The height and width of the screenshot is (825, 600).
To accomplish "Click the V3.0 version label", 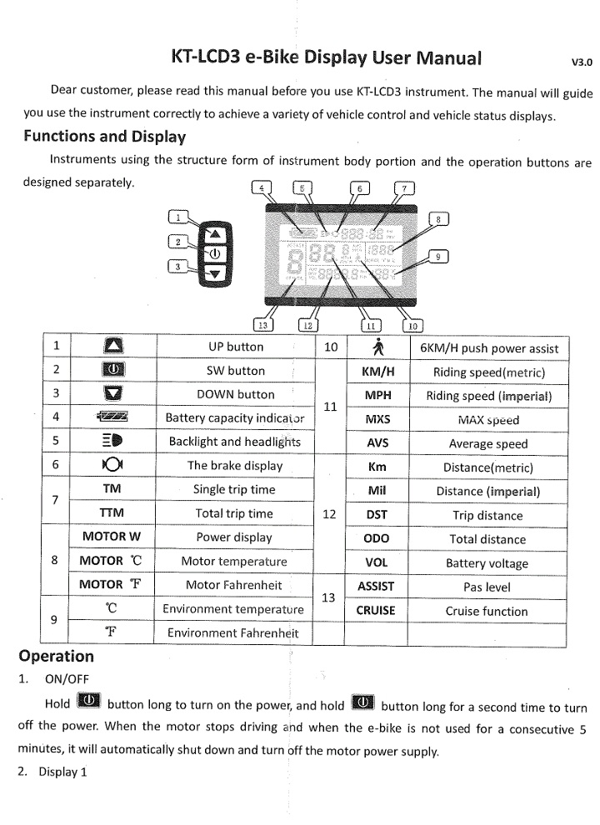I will (581, 61).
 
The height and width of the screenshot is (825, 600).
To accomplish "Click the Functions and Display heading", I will (104, 137).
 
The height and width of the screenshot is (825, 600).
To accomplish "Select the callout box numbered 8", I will (438, 219).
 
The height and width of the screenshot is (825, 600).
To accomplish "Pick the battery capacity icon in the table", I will (112, 417).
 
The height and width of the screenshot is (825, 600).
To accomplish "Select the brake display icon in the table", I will (112, 466).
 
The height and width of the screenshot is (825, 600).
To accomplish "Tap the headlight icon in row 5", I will (112, 442).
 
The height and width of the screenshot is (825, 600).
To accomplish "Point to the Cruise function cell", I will (487, 611).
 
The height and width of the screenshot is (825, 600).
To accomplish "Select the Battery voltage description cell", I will (487, 563).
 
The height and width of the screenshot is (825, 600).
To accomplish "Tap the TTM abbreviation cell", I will (112, 513).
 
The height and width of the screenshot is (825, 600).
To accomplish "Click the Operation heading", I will (56, 656).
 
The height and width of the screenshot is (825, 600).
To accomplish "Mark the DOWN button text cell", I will (235, 394).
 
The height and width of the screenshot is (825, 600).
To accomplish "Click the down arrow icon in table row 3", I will (112, 394).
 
